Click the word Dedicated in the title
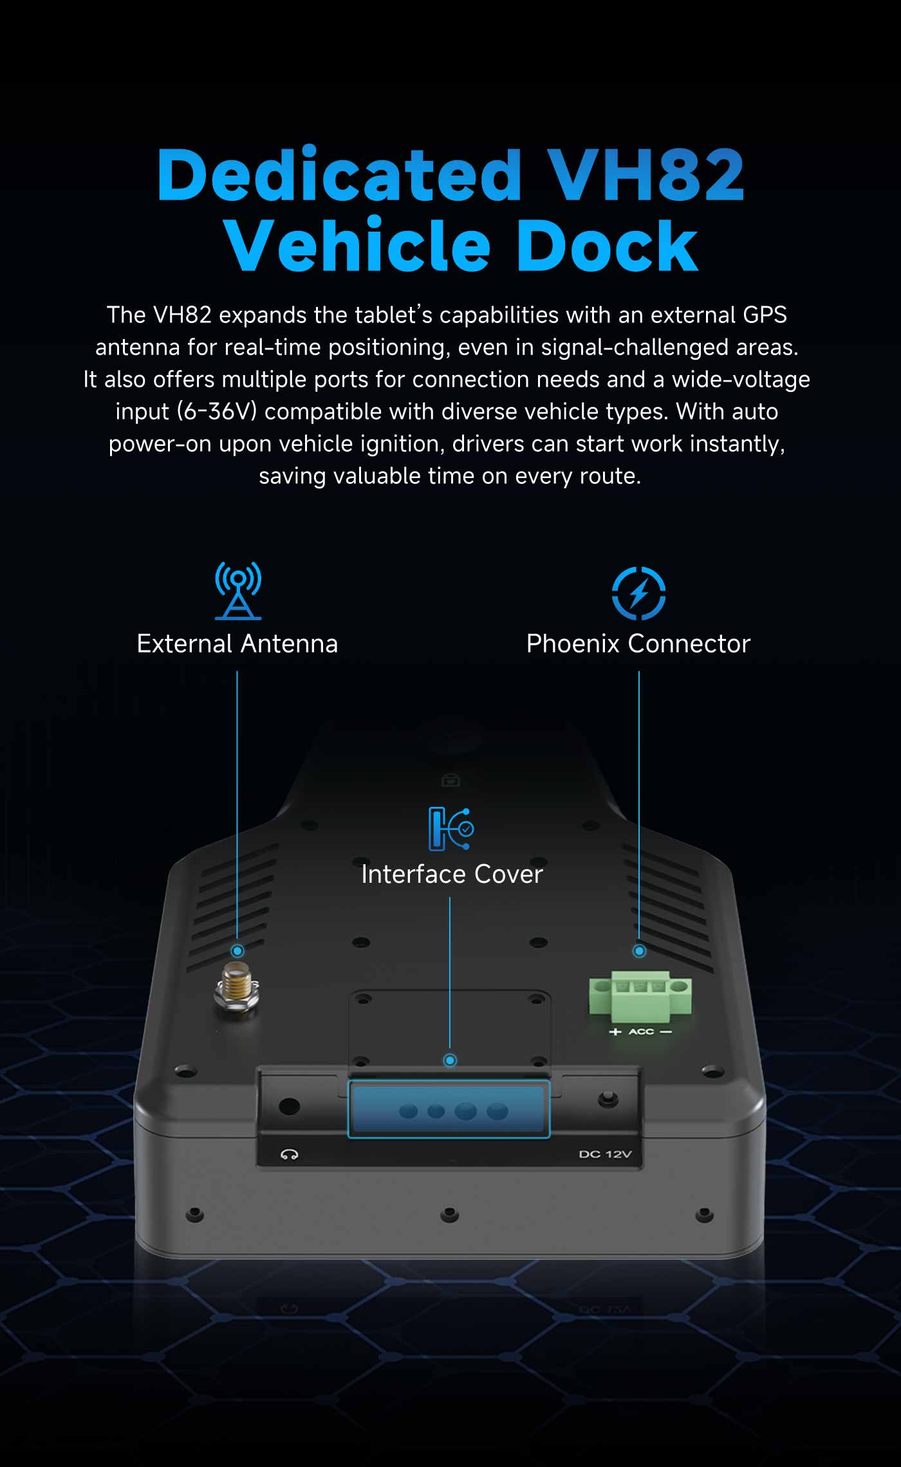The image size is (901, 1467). pos(339,175)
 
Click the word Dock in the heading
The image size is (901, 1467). pos(606,246)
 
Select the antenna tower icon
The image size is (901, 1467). pos(238,591)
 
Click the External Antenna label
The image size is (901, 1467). pos(237,643)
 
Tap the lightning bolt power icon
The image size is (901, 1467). pos(638,593)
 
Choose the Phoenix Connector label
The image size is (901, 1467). pos(638,643)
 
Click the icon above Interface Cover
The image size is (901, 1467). pos(450,829)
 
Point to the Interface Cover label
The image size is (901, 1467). pos(452,874)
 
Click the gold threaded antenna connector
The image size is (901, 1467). pos(237,986)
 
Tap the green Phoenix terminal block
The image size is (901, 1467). pos(640,996)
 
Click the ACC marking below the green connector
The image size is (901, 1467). pos(641,1031)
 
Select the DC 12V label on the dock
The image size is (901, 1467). pos(605,1154)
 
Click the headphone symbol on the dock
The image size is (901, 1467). pos(289,1154)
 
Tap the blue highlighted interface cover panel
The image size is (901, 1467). pos(449,1109)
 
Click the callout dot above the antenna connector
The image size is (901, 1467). pos(237,951)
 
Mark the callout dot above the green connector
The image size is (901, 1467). pos(639,951)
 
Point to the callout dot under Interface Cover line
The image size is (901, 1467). pos(450,1060)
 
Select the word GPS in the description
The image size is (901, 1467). pos(765,315)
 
